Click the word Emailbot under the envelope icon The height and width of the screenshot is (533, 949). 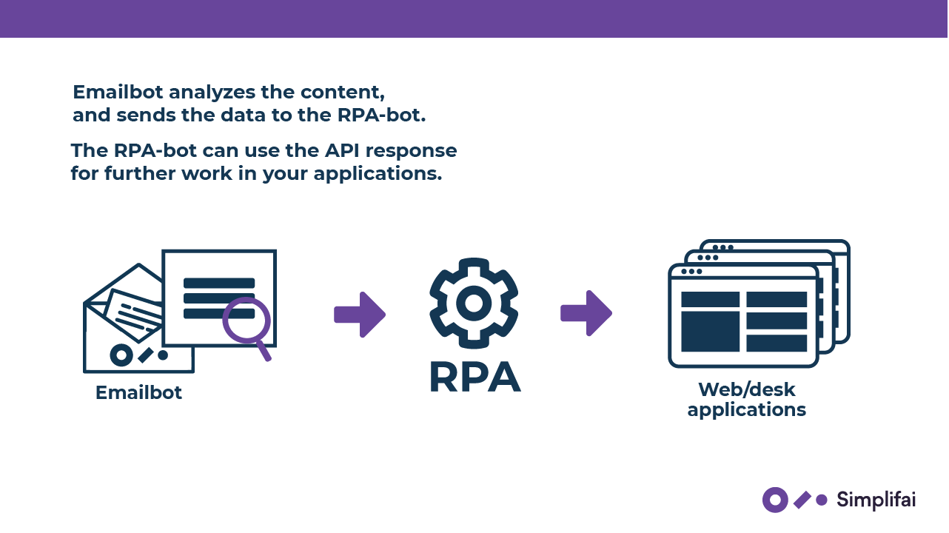click(x=138, y=392)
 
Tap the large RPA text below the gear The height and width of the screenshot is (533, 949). click(x=474, y=376)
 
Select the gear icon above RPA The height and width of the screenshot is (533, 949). click(x=474, y=303)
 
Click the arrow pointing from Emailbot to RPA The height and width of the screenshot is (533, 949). click(x=360, y=315)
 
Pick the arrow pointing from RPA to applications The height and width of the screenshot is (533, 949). click(x=586, y=313)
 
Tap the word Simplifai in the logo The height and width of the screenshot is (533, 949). click(x=876, y=500)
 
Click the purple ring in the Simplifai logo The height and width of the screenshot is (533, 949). click(x=775, y=500)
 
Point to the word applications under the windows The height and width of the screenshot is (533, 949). click(x=746, y=409)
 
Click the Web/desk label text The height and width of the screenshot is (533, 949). click(x=746, y=389)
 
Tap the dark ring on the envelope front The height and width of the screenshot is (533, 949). click(x=121, y=355)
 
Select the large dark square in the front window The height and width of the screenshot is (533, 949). click(x=710, y=331)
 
